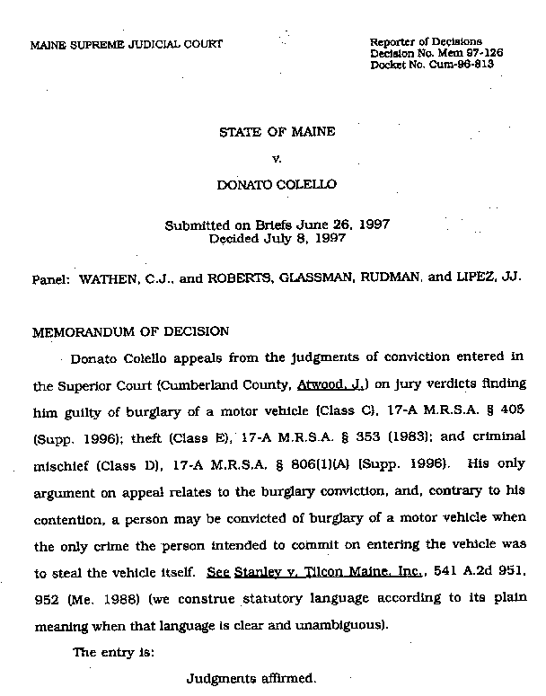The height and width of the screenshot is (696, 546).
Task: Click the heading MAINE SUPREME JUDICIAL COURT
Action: pos(127,44)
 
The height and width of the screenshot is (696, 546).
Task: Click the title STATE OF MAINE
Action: pos(277,132)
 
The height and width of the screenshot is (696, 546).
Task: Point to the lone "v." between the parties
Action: pos(277,159)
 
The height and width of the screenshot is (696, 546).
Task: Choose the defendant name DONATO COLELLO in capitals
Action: pos(277,185)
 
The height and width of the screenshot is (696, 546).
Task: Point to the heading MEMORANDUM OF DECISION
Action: pos(130,330)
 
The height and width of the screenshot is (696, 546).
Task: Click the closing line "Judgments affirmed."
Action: pos(251,678)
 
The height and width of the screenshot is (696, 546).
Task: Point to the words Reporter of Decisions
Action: pos(426,41)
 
